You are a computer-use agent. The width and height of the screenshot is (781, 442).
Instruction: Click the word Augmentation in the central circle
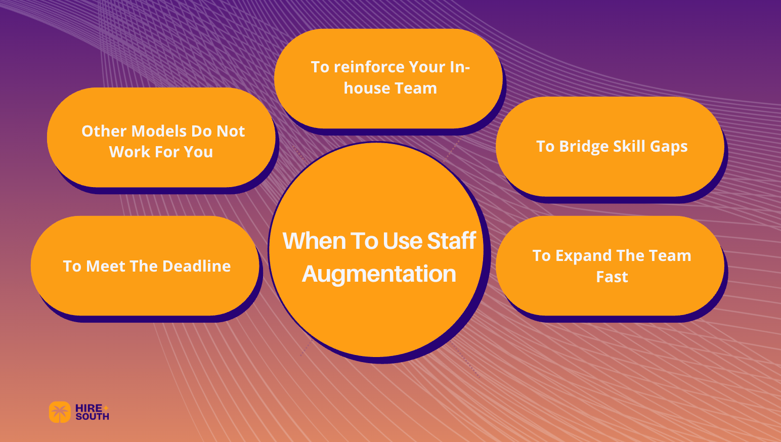pos(379,275)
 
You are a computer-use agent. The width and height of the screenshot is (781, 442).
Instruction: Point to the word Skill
pos(629,147)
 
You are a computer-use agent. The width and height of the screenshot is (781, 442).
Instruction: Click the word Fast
pos(612,277)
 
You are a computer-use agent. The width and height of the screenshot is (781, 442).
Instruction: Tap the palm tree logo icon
pos(60,412)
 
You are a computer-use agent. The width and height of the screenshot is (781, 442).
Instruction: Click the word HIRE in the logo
pos(89,408)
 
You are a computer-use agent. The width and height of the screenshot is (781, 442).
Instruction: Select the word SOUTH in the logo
pos(93,417)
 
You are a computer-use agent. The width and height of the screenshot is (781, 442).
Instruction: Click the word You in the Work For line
pos(199,152)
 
